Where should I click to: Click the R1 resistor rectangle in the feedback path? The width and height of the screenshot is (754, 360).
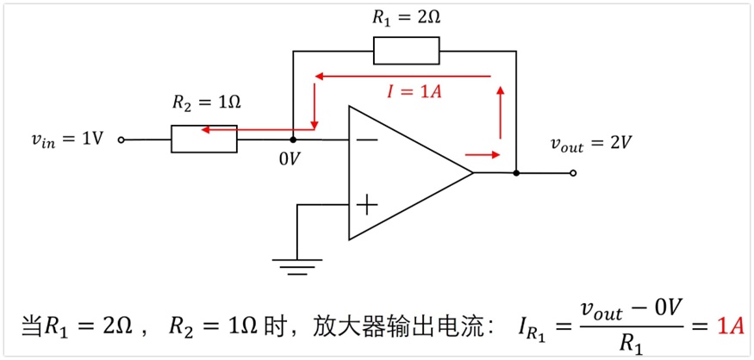coord(407,50)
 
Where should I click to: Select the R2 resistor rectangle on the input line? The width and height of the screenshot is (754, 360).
coord(204,139)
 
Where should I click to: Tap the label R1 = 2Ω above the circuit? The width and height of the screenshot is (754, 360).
coord(407,18)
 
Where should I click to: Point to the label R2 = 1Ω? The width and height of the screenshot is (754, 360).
coord(206,102)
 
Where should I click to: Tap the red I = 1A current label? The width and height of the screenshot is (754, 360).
coord(414,91)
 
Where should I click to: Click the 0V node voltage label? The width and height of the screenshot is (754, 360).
coord(289,158)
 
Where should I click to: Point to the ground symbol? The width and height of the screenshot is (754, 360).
coord(297,267)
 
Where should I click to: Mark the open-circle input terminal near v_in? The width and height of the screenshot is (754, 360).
coord(122,140)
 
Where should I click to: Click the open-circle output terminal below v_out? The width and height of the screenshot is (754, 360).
coord(573,173)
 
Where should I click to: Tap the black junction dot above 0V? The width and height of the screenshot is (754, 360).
coord(293,140)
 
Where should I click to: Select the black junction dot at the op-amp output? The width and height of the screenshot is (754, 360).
coord(516,172)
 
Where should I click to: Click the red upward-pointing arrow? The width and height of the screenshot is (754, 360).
coord(501,113)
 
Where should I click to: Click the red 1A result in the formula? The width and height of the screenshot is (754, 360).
coord(731,326)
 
